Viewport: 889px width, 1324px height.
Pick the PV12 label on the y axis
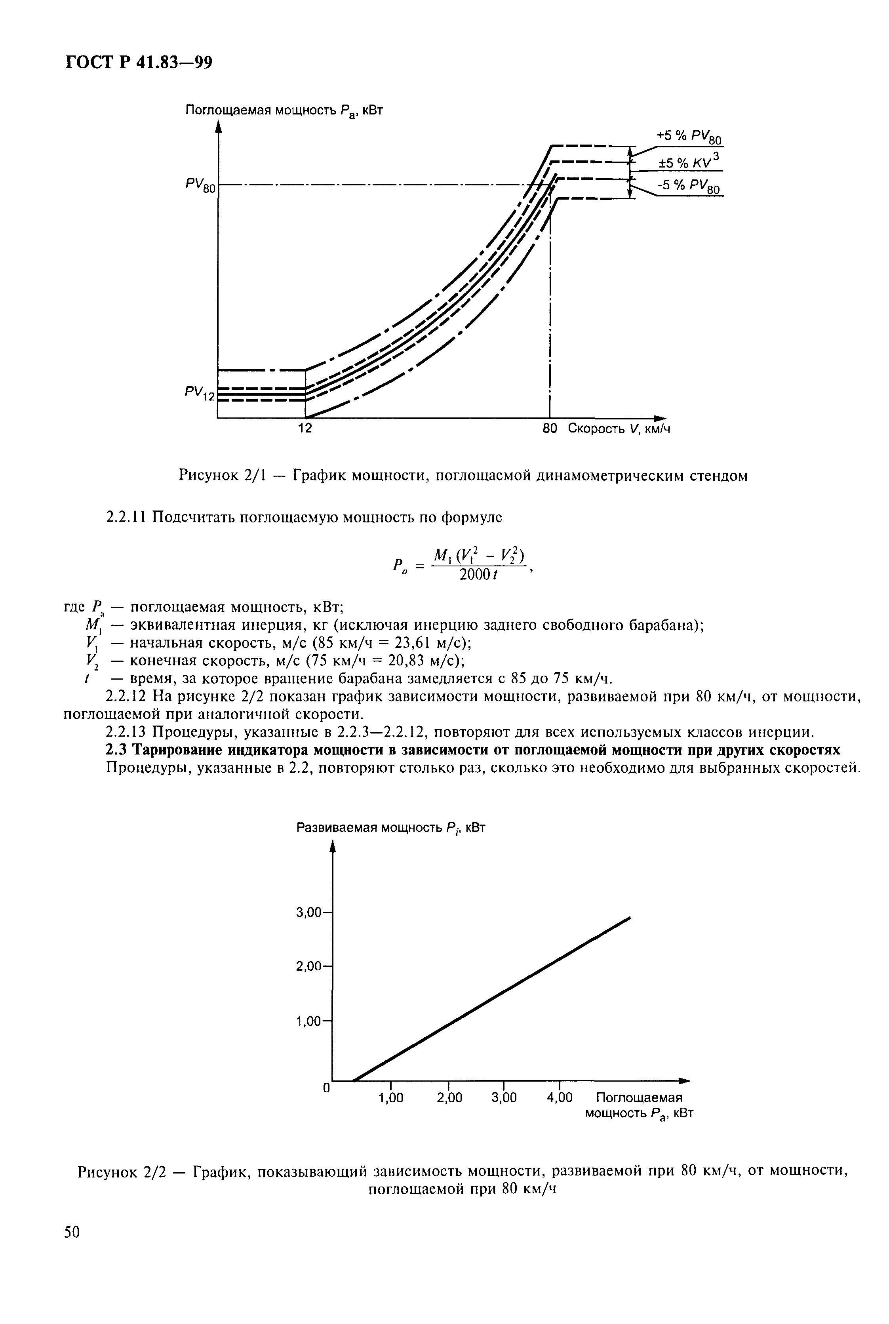tap(200, 393)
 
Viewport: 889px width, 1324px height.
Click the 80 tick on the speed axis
tap(550, 429)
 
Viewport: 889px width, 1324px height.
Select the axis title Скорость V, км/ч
tap(619, 429)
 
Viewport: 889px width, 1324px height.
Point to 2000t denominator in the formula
tap(478, 575)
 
